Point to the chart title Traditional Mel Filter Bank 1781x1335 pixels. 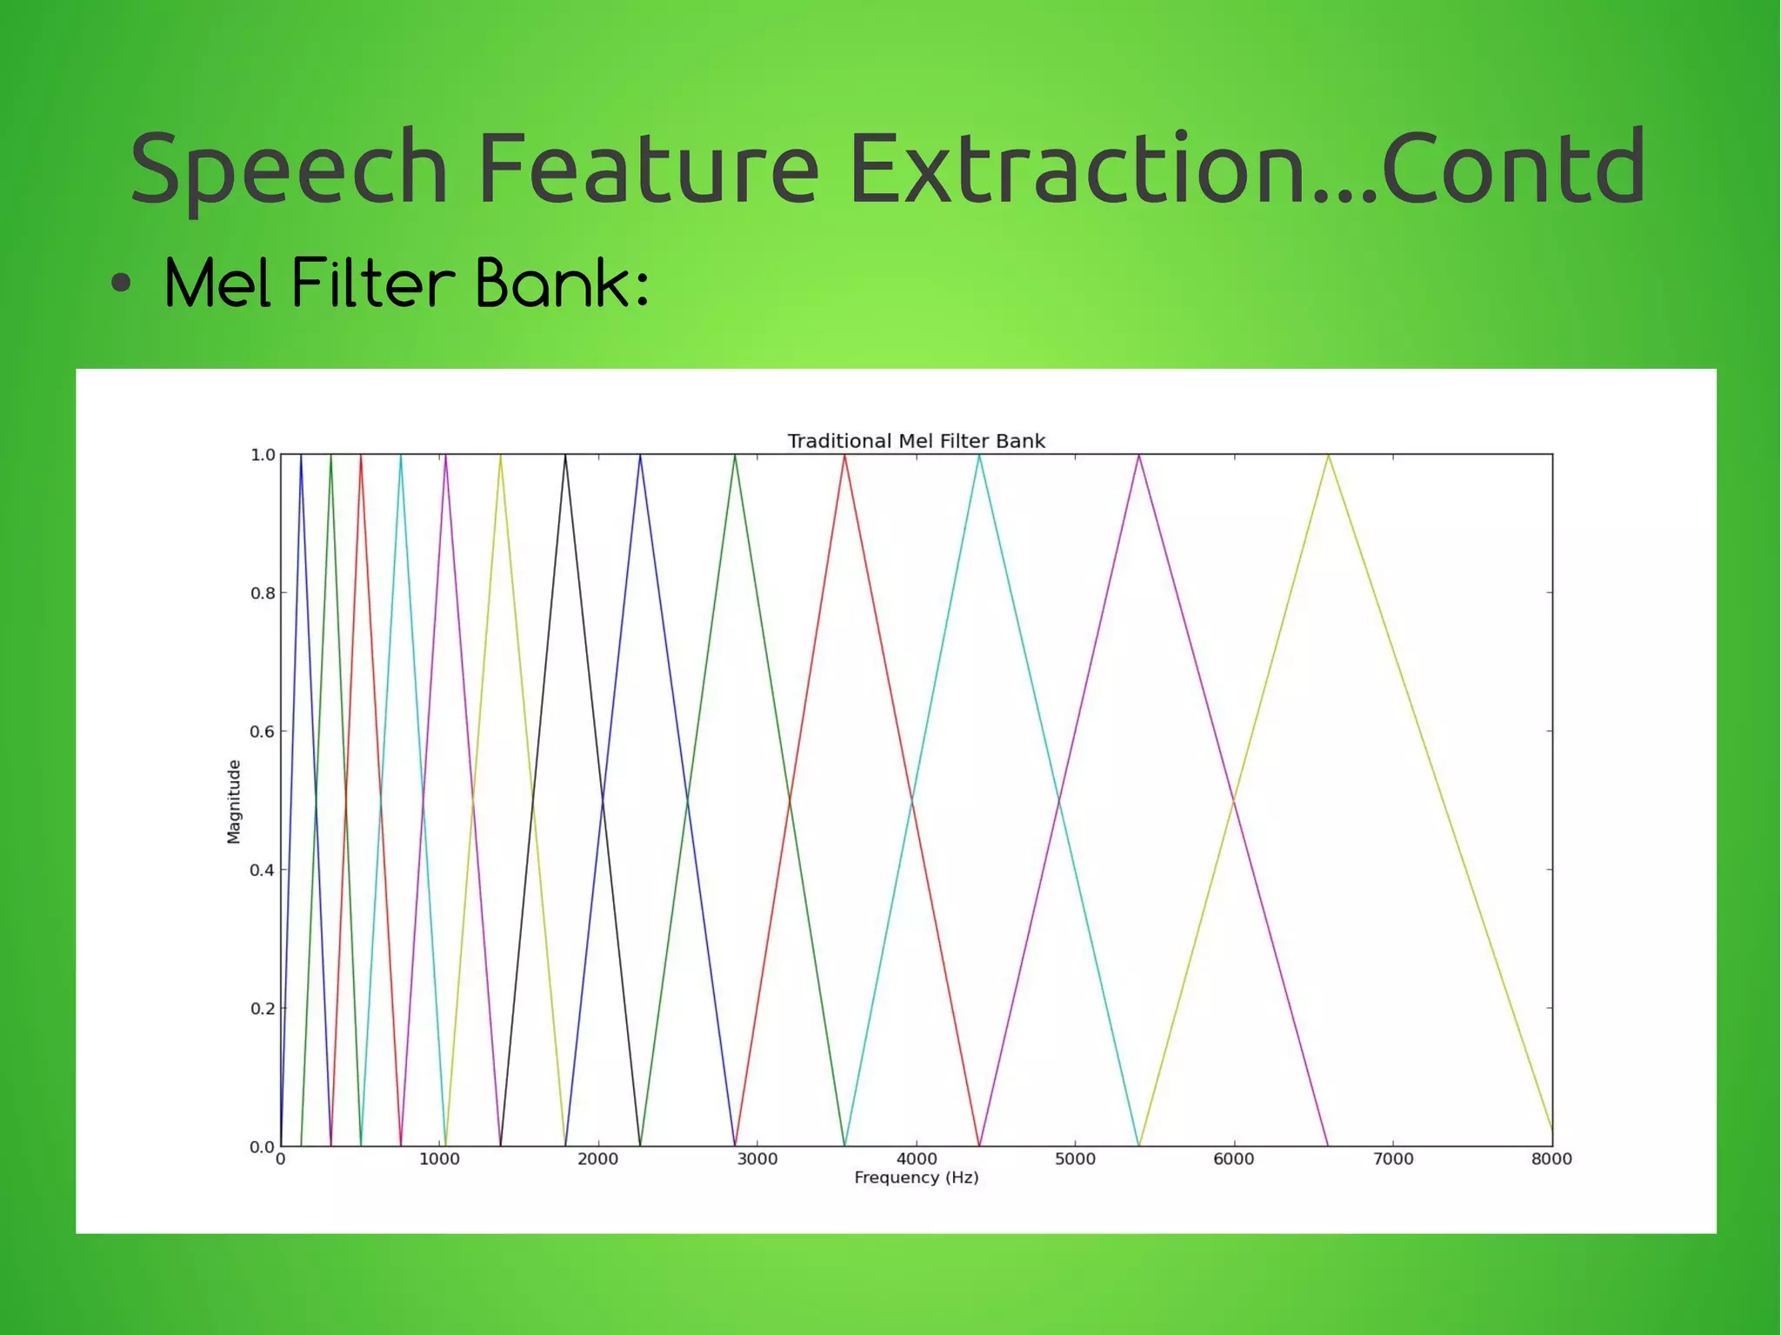[916, 441]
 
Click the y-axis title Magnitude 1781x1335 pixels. [233, 801]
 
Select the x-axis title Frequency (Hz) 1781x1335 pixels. [916, 1178]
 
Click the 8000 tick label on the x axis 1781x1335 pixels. [1551, 1158]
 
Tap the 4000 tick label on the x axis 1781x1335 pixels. [916, 1158]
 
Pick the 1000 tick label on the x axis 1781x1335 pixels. [439, 1158]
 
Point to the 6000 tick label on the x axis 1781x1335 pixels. [1233, 1158]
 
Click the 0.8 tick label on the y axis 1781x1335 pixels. [262, 593]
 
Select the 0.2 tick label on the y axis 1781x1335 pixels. [262, 1009]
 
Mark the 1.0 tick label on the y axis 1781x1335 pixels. [262, 455]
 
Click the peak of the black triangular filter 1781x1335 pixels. [565, 456]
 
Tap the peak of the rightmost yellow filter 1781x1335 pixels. [1328, 456]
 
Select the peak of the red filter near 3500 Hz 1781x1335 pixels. [844, 456]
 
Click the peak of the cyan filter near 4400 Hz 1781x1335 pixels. [979, 456]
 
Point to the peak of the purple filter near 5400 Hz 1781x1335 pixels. [1138, 456]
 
